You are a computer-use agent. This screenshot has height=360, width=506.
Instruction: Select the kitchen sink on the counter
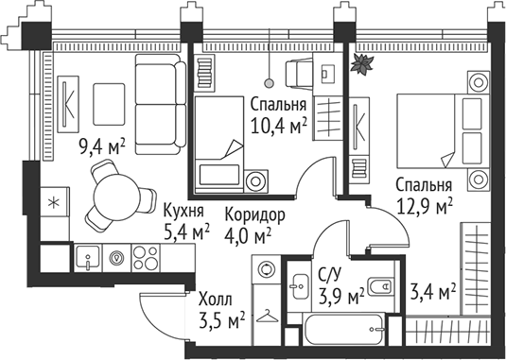click(x=86, y=256)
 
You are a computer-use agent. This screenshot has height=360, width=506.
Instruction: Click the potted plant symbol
click(x=360, y=64)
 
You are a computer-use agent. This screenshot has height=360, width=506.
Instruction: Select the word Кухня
click(x=185, y=210)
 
